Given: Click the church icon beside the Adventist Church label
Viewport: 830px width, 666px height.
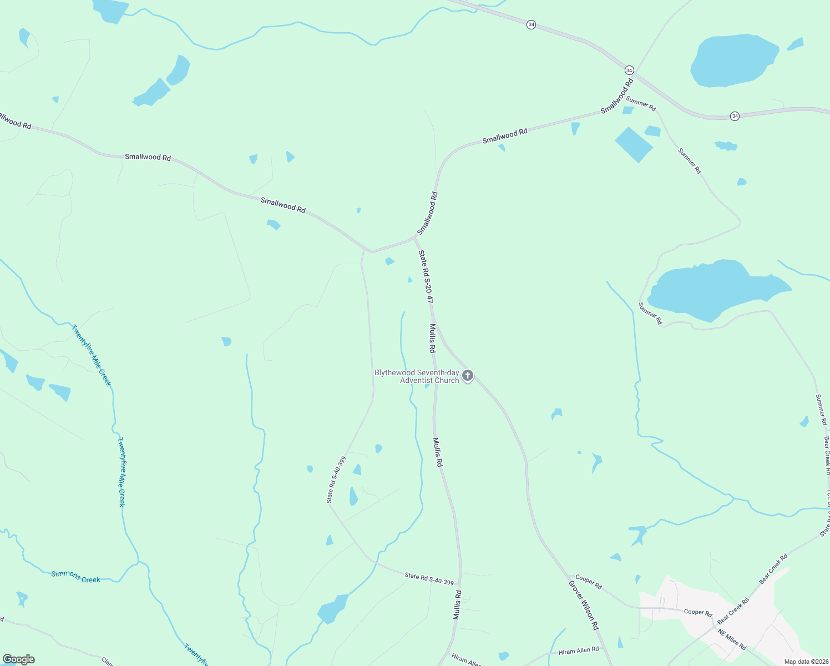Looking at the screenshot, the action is tap(468, 376).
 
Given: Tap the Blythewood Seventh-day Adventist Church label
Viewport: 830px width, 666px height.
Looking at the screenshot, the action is tap(417, 376).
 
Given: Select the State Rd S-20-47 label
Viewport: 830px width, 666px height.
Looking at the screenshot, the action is tap(426, 276).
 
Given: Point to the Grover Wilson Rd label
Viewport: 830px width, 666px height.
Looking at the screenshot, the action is tap(584, 605).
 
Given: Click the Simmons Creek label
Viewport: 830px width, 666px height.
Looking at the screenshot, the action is tap(75, 577).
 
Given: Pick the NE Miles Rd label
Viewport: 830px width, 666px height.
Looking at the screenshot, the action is tap(732, 639).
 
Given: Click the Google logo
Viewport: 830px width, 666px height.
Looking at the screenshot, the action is tap(19, 659).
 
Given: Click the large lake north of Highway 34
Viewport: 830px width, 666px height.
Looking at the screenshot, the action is tap(733, 60).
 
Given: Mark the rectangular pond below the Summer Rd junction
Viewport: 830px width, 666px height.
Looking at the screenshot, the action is tap(634, 144).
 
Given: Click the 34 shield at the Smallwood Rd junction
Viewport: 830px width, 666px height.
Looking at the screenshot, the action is tap(629, 70).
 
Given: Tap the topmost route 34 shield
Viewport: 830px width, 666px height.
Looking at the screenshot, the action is tap(531, 25).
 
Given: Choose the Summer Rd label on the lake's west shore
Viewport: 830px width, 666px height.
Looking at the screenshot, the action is tap(650, 314).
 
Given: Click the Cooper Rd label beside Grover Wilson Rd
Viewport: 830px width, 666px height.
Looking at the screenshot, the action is tap(589, 582).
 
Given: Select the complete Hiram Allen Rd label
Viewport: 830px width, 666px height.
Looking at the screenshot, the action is tap(579, 650).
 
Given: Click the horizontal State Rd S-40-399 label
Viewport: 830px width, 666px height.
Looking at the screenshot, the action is tap(429, 579).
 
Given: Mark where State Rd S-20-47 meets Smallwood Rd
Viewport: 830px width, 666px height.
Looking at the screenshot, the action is tap(415, 238).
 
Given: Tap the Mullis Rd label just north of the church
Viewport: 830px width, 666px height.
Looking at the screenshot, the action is tap(432, 339).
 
